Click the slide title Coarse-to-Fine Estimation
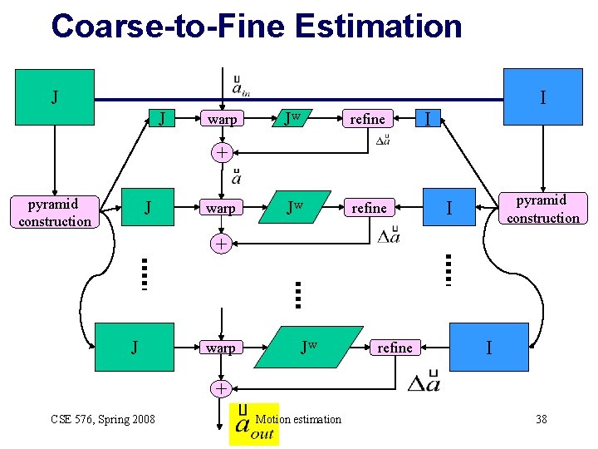256,26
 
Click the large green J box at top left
55,97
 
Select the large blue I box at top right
542,97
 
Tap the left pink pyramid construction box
55,212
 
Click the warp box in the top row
222,119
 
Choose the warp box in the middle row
221,208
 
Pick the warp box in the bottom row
221,348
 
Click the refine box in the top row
367,119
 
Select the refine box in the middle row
369,208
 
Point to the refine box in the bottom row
395,348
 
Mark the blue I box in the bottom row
488,347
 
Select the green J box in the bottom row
135,347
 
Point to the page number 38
541,419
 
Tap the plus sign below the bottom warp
221,388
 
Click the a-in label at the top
241,86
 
